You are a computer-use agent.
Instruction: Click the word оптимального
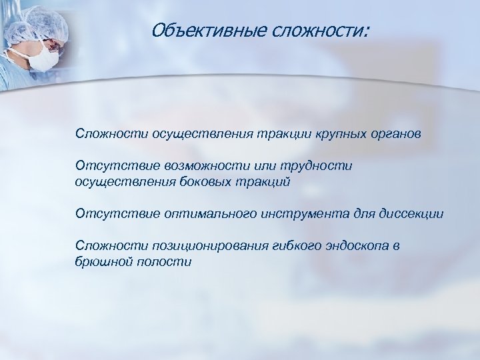click(x=203, y=213)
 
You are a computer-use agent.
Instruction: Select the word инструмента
click(x=298, y=213)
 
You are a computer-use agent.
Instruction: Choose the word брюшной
click(x=103, y=262)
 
